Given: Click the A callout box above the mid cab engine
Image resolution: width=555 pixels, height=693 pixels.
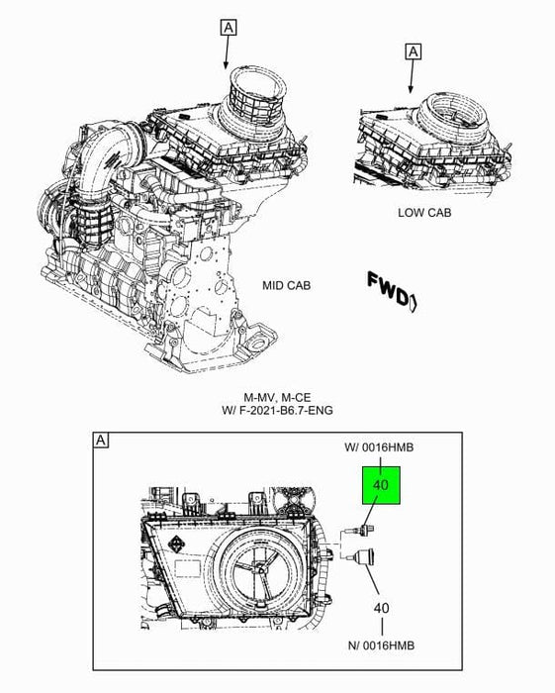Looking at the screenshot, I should pyautogui.click(x=229, y=28).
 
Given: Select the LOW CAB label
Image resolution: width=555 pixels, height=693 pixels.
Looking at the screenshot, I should pyautogui.click(x=424, y=212).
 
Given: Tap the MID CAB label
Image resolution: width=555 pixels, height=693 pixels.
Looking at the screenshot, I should pyautogui.click(x=286, y=285).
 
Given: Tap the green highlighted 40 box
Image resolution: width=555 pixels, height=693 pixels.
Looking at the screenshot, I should pyautogui.click(x=381, y=485).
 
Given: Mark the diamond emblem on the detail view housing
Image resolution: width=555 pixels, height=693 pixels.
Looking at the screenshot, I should pyautogui.click(x=175, y=545).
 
